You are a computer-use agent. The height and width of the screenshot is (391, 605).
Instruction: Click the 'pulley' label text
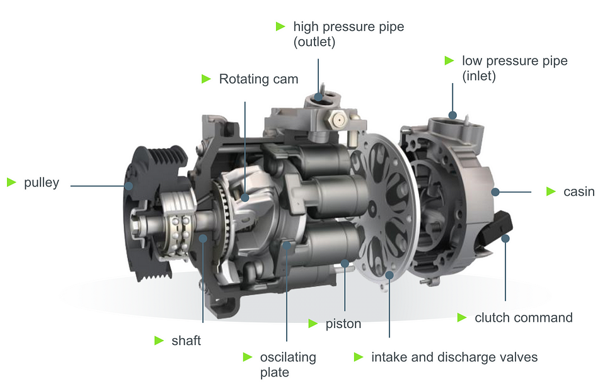42,183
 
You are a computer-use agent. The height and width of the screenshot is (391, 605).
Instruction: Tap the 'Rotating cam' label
258,79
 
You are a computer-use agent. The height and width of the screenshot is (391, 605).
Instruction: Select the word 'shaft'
186,341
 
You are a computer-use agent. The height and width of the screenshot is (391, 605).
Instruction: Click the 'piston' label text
343,324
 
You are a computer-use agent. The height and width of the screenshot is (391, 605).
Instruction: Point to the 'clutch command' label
524,318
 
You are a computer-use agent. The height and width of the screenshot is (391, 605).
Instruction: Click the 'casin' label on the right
579,191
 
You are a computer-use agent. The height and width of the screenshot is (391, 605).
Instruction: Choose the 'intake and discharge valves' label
454,357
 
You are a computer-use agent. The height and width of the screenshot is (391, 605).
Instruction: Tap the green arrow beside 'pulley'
11,182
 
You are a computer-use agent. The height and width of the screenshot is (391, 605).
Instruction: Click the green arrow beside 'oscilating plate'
247,357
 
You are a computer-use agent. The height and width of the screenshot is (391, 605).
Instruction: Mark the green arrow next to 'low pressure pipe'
449,60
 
